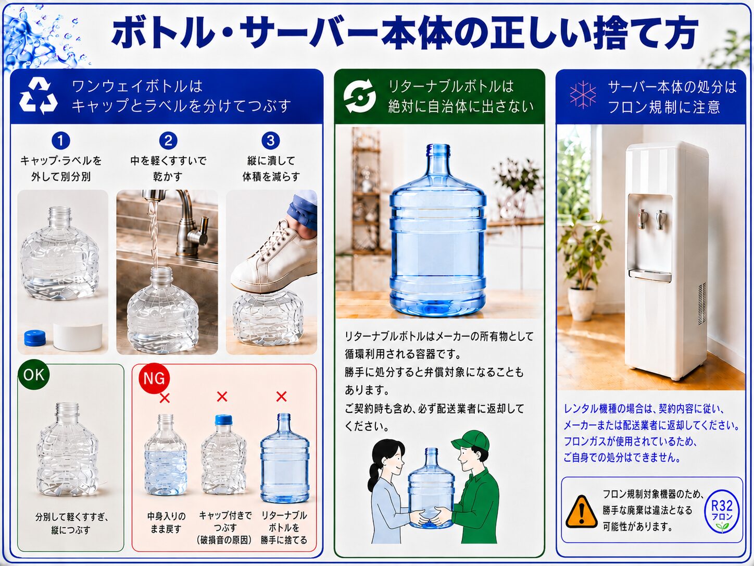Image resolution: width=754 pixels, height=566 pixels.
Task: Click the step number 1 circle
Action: point(61,141)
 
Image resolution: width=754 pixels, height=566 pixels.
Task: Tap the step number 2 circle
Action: point(168,141)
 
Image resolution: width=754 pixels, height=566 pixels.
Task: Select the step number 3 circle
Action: point(271,141)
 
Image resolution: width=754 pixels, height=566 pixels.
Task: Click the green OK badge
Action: point(34,375)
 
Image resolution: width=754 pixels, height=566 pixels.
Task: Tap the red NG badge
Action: point(154,378)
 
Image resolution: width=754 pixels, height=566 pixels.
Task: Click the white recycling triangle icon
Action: point(38,96)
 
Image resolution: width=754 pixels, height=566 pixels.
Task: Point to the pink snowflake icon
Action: point(583,95)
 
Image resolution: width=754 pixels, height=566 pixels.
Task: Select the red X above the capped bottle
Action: point(222,397)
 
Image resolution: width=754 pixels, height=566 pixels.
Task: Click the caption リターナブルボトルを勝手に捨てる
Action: point(284,527)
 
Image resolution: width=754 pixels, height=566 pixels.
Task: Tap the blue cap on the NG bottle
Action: point(223,420)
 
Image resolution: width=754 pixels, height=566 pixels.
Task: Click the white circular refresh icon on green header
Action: point(360,96)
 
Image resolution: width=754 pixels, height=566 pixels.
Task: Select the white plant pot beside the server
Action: point(582,303)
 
